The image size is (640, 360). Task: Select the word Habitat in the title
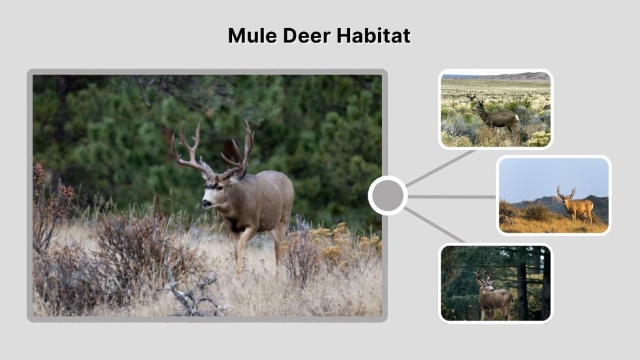coord(374,36)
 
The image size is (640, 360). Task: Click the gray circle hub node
coord(387,196)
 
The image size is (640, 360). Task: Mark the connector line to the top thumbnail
coord(440,169)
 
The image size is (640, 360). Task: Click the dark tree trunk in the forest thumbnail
coord(522,287)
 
